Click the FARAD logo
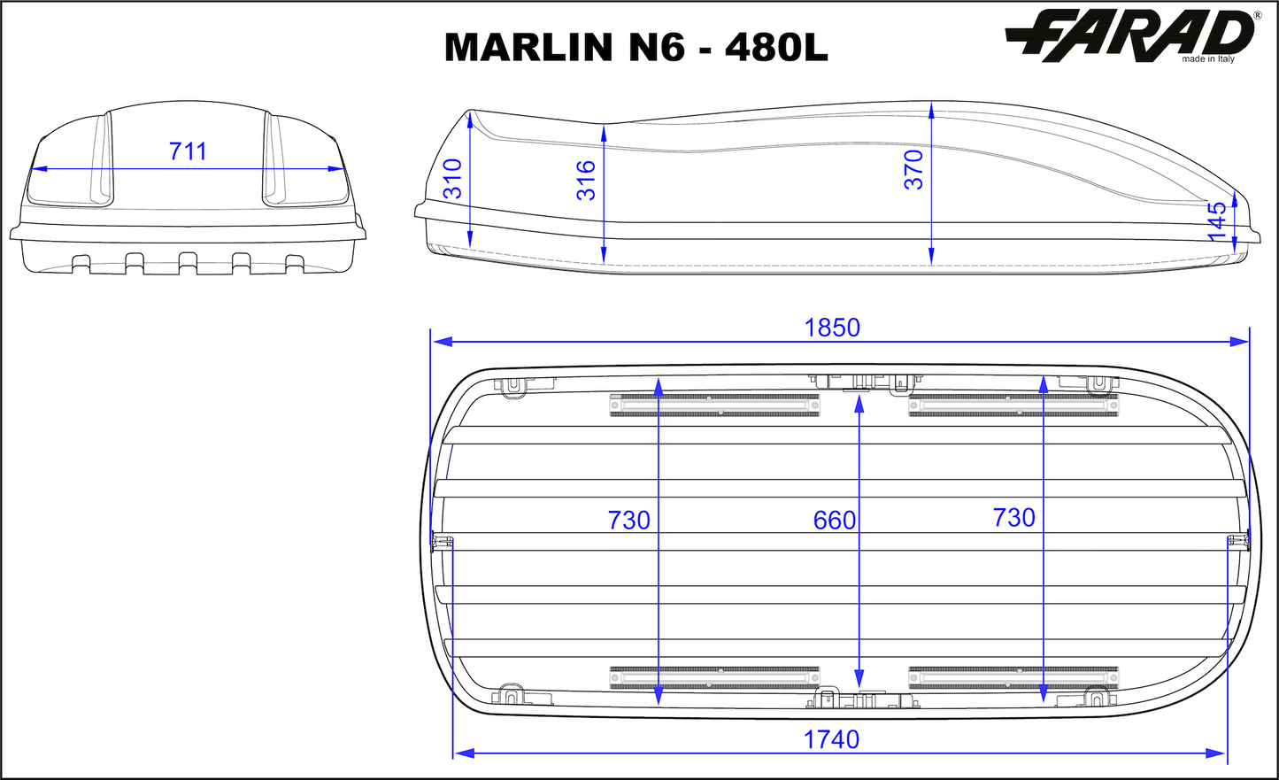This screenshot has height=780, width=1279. pos(1131,35)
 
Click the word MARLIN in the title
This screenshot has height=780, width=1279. pos(528,48)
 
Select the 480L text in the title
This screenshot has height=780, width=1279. pos(776,48)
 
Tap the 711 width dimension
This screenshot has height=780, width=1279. pos(188,151)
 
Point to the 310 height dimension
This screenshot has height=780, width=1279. pos(452,179)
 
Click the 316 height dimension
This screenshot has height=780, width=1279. pos(586,180)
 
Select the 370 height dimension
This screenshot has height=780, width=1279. pos(914,169)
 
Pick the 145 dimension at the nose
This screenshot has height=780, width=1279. pos(1218,220)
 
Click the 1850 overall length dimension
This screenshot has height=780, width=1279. pos(831,328)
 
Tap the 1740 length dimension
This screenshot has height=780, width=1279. pos(831,739)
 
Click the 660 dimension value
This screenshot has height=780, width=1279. pos(834,520)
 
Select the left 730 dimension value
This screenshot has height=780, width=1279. pos(628,520)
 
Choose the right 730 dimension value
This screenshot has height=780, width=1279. pos(1013,517)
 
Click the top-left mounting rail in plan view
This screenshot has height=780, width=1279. pos(714,405)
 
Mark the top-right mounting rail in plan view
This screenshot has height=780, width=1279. pos(1013,405)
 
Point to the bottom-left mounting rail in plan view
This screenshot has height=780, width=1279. pos(714,678)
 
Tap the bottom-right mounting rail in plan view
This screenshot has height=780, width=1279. pos(1013,678)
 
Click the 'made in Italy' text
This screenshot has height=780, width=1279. pos(1207,59)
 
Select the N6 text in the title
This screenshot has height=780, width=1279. pos(656,48)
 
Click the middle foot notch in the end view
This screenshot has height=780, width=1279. pos(188,263)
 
